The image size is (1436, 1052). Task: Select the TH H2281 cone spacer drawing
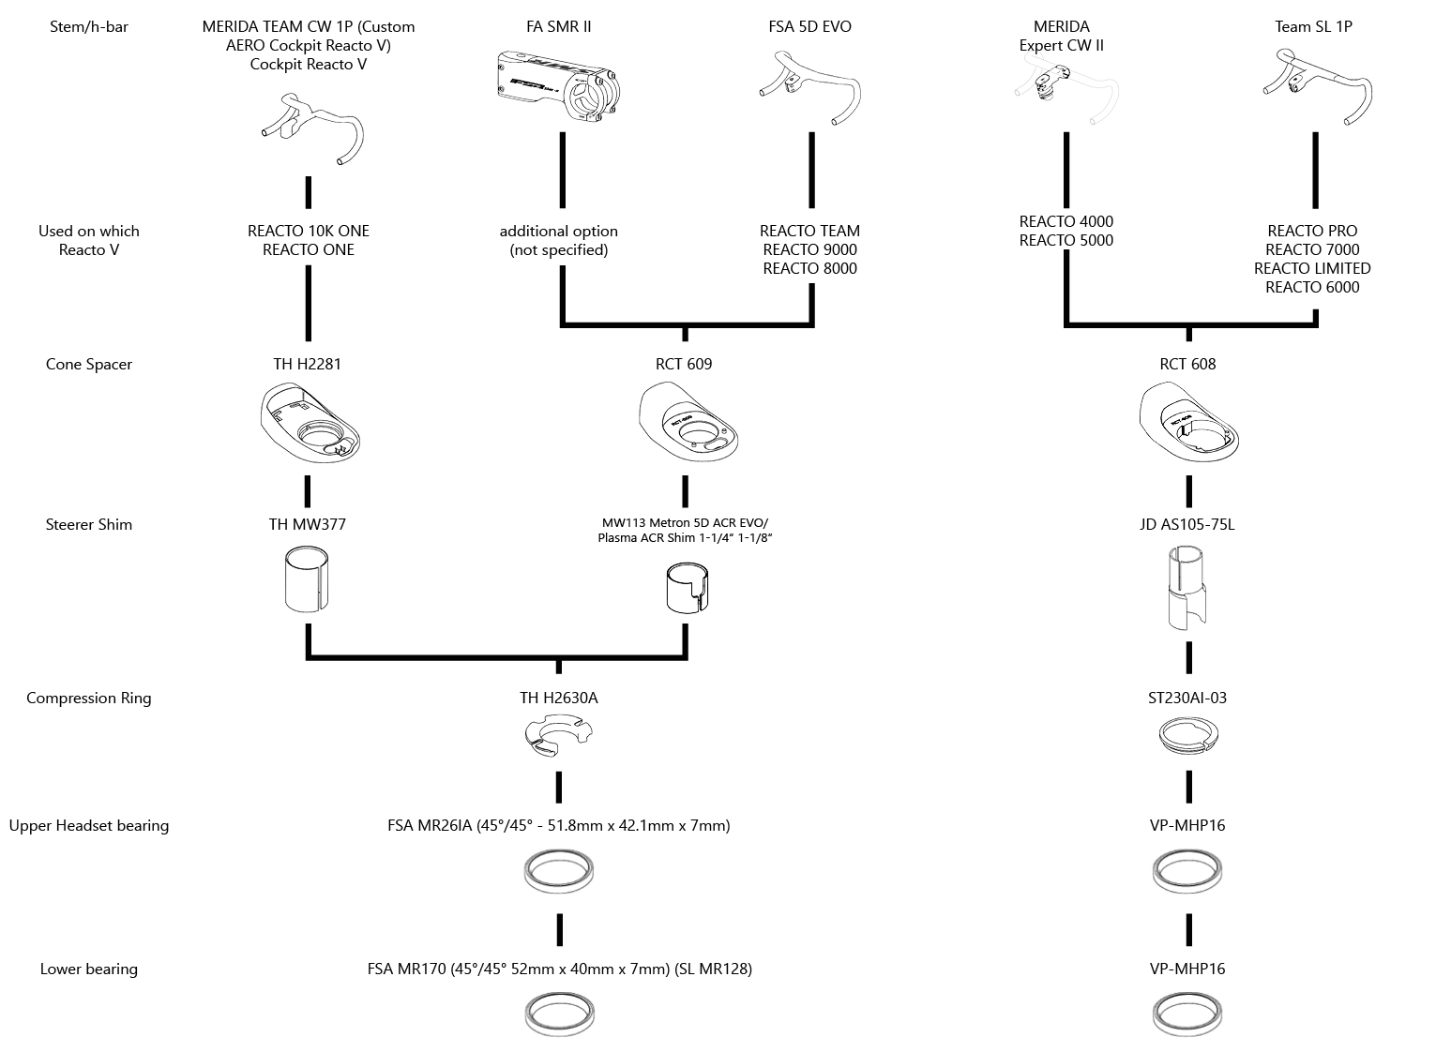[310, 422]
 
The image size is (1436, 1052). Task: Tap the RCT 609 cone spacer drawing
[688, 421]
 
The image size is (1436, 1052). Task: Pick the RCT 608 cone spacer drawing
[1189, 421]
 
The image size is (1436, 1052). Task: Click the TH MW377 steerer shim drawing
[307, 579]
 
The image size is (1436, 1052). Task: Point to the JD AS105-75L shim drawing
[1187, 588]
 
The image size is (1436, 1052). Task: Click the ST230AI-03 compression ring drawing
[1188, 736]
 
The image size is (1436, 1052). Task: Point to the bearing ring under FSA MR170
[559, 1014]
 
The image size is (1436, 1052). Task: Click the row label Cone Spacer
[88, 364]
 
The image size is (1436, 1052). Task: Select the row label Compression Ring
[88, 698]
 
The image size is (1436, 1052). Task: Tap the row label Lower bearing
[88, 969]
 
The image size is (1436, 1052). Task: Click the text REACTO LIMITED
[1312, 268]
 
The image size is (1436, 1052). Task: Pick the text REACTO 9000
[809, 249]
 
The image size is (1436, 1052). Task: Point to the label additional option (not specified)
[558, 240]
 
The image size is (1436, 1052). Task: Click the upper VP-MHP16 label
[1187, 825]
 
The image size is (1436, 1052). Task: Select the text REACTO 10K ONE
[309, 231]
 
